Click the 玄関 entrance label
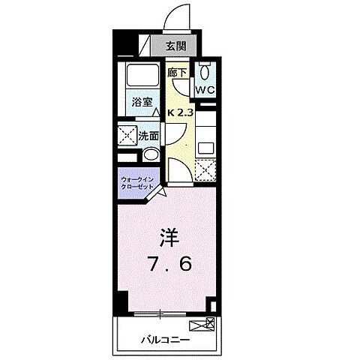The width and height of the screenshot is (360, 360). pyautogui.click(x=175, y=46)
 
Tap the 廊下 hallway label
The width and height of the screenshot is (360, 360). pyautogui.click(x=177, y=73)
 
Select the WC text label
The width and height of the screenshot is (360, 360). pyautogui.click(x=205, y=90)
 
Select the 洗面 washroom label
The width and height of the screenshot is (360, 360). pyautogui.click(x=149, y=136)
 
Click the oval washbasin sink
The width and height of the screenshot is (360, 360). pyautogui.click(x=150, y=154)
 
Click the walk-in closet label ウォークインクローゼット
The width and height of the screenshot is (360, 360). pyautogui.click(x=136, y=183)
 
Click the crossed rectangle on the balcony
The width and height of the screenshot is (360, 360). pyautogui.click(x=203, y=325)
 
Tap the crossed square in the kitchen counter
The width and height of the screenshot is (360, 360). pyautogui.click(x=205, y=169)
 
